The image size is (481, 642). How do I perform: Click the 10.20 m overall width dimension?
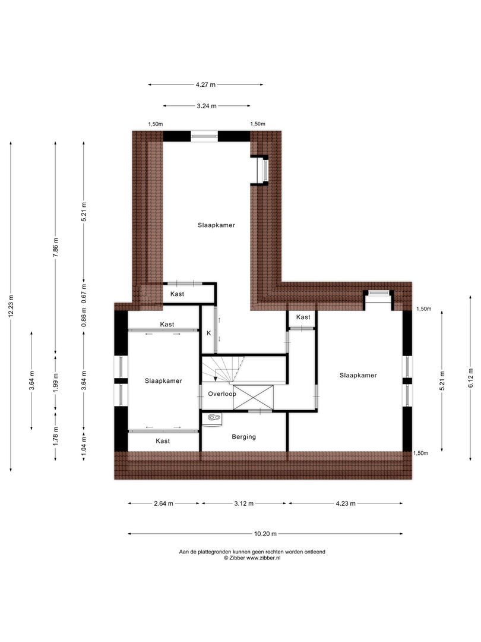265,534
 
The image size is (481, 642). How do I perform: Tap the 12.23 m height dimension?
11,306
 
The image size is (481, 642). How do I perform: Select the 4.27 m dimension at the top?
205,85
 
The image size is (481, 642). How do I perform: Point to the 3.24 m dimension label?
206,106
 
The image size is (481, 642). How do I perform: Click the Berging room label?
243,437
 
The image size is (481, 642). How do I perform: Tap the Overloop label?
222,394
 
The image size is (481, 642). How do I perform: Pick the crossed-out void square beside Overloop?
254,397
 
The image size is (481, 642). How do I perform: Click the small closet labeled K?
208,333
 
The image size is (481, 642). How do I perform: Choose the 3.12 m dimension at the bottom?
244,503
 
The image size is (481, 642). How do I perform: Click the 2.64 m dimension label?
163,503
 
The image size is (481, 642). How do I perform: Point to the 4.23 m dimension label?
345,503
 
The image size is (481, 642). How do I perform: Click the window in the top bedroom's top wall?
205,136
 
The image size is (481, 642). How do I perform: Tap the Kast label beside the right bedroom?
303,317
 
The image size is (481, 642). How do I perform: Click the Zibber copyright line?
252,558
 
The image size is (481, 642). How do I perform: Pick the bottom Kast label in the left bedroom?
163,441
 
